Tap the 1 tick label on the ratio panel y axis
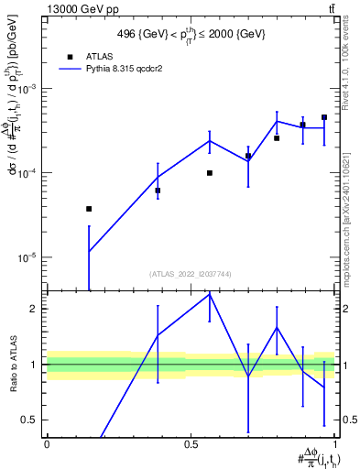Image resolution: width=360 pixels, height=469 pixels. [36, 365]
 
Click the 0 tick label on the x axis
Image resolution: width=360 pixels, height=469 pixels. [47, 444]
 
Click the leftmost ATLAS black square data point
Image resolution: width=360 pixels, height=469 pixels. [89, 209]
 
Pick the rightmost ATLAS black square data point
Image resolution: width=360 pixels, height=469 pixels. [324, 117]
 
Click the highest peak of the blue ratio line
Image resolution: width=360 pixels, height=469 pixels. [210, 293]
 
